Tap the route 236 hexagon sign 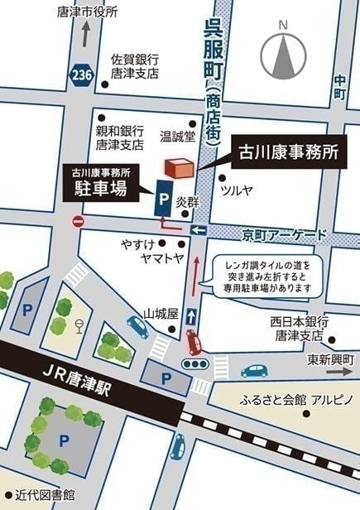(x=81, y=75)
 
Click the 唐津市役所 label (x=89, y=12)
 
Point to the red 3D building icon (x=180, y=166)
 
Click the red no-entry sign (x=79, y=222)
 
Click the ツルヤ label (x=236, y=190)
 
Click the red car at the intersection (x=194, y=340)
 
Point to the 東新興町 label (x=331, y=358)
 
